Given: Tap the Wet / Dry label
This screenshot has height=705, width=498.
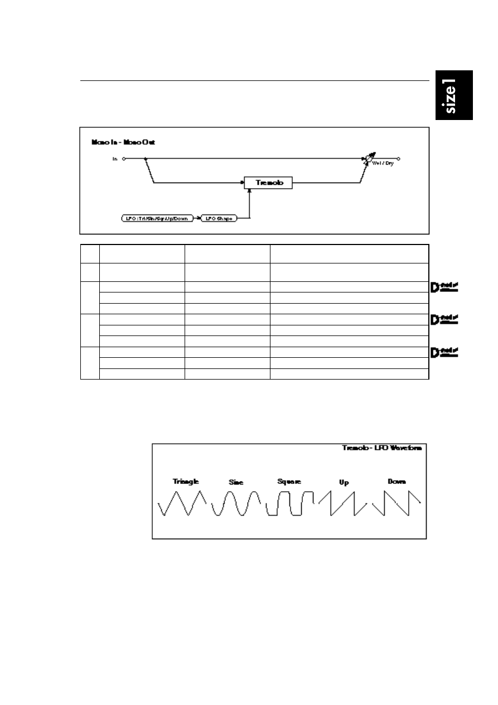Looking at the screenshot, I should [383, 164].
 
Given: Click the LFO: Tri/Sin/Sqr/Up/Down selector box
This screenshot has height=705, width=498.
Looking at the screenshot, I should [157, 219].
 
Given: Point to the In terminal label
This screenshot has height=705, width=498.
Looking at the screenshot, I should [115, 159].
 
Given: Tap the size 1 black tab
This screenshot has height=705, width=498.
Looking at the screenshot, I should [455, 95].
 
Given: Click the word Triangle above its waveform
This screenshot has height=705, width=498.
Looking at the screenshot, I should [186, 481].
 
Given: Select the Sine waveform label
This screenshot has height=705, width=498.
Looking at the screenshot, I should [236, 482].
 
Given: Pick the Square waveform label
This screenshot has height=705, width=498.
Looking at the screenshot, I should [289, 481].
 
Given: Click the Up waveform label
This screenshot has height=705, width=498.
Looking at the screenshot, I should [344, 482].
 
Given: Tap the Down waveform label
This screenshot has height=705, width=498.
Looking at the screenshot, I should [397, 481].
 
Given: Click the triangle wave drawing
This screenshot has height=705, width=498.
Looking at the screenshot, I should [182, 503].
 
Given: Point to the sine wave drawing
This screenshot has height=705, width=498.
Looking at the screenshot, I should [236, 503].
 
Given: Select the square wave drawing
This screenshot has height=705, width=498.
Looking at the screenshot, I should [289, 503].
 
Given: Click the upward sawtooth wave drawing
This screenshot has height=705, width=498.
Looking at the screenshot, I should [342, 503].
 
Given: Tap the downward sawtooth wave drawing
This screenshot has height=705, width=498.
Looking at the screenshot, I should [397, 503].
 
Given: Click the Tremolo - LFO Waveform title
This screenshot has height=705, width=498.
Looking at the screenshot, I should [381, 448].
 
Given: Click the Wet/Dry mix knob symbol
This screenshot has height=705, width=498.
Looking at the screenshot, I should [369, 160].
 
